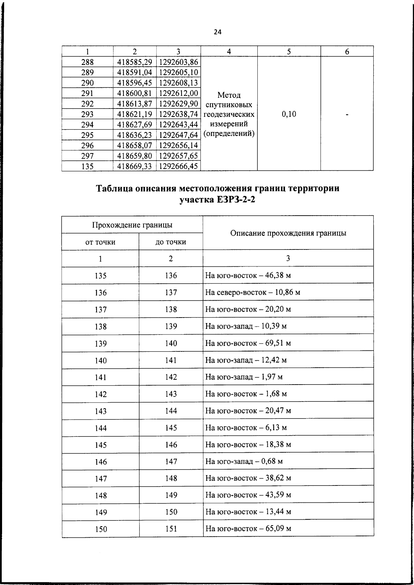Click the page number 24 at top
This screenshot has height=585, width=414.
coord(217,32)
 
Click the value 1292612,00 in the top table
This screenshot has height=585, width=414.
coord(178,93)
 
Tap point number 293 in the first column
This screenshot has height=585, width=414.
coord(87,114)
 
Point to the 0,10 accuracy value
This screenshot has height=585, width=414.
coord(289,114)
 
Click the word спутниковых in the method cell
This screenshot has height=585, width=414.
coord(229,105)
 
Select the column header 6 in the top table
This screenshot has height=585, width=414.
coord(347,51)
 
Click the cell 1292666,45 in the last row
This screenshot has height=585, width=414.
coord(178,167)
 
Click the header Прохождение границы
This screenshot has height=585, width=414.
coord(132,225)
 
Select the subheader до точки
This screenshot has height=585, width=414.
coord(171,242)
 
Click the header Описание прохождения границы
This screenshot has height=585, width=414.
coord(288,233)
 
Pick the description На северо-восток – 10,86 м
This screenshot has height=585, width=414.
coord(253,293)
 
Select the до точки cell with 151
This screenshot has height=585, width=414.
coord(171,529)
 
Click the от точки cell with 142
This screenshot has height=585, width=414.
coord(100,394)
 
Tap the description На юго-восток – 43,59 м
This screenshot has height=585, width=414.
coord(248,495)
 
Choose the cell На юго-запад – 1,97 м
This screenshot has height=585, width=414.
coord(244,377)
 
